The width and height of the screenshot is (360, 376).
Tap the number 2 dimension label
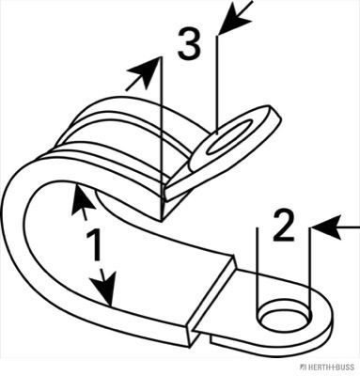pyautogui.click(x=283, y=226)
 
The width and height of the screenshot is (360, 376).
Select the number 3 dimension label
pyautogui.click(x=189, y=43)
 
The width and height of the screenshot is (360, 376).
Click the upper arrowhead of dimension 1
pyautogui.click(x=82, y=199)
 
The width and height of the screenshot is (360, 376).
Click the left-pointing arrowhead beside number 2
pyautogui.click(x=326, y=227)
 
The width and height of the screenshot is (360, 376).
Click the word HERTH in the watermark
pyautogui.click(x=319, y=368)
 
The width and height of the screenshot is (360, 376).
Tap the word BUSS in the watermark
pyautogui.click(x=344, y=368)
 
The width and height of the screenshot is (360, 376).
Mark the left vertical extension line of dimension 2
pyautogui.click(x=257, y=273)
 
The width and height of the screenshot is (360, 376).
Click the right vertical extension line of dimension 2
pyautogui.click(x=310, y=273)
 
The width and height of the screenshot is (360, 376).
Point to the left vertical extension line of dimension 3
pyautogui.click(x=162, y=139)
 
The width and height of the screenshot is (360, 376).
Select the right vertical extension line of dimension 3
pyautogui.click(x=217, y=85)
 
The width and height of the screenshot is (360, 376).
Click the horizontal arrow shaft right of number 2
pyautogui.click(x=350, y=227)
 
